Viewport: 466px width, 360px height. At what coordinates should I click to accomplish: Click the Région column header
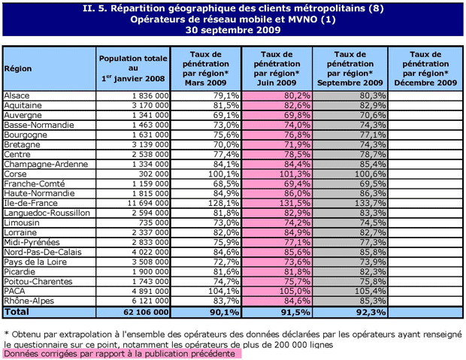(x=18, y=68)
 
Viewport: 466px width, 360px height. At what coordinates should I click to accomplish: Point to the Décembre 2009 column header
(x=425, y=68)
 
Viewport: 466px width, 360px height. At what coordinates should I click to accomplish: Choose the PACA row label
(x=14, y=290)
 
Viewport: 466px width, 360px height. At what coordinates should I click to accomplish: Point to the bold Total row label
(x=17, y=310)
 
